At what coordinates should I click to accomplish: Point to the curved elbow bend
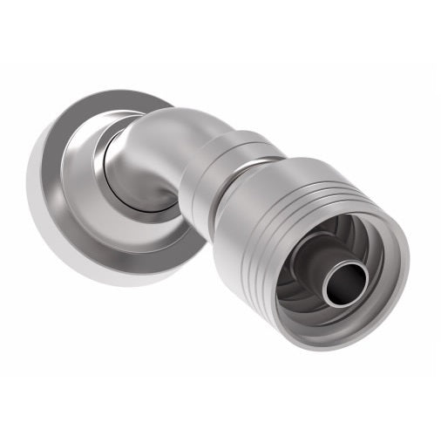pos(161,140)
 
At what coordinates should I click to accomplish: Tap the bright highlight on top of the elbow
pos(170,118)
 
